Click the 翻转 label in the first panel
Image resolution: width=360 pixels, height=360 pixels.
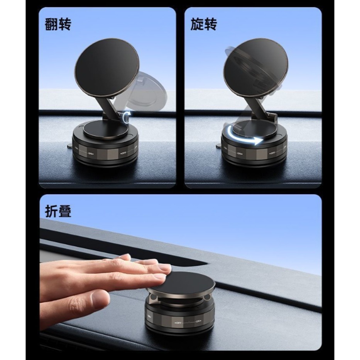click(x=58, y=24)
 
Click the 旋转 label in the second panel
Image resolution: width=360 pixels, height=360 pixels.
click(x=204, y=24)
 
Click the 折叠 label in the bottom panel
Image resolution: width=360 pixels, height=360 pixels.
click(x=58, y=211)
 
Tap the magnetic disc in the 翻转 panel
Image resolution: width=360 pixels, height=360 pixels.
click(x=101, y=65)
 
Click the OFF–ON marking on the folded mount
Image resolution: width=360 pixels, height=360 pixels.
click(x=188, y=321)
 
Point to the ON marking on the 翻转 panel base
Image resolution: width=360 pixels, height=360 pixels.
click(x=91, y=153)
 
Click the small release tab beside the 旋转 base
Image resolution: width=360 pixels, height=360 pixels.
click(x=219, y=146)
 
